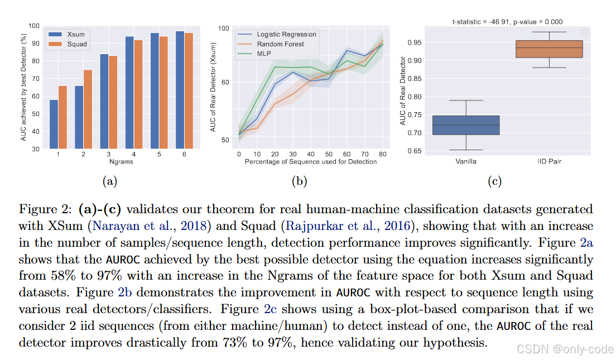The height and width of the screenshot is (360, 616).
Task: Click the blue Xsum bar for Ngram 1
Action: (x=54, y=124)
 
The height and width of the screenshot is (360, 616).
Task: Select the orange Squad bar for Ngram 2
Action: (x=88, y=109)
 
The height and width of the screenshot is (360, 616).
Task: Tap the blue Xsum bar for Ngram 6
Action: (x=180, y=90)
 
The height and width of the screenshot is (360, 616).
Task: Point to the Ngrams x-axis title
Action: (x=121, y=161)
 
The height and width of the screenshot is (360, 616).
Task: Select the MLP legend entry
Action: (x=254, y=54)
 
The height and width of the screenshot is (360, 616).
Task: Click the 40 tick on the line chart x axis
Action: (x=311, y=154)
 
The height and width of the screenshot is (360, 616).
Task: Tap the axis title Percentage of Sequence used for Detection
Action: (x=311, y=161)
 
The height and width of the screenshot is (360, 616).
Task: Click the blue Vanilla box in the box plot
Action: (x=466, y=126)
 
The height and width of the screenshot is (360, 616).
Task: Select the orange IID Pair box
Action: (x=549, y=49)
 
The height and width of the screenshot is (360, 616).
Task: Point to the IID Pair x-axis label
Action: (x=549, y=161)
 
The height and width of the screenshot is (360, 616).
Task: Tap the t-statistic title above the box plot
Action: (x=508, y=22)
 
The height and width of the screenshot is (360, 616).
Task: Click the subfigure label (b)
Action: (x=300, y=181)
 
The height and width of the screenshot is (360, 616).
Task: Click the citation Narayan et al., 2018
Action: (x=150, y=226)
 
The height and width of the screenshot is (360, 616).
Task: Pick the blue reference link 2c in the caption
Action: (x=270, y=309)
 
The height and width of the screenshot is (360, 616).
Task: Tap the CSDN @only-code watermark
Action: (x=565, y=349)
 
